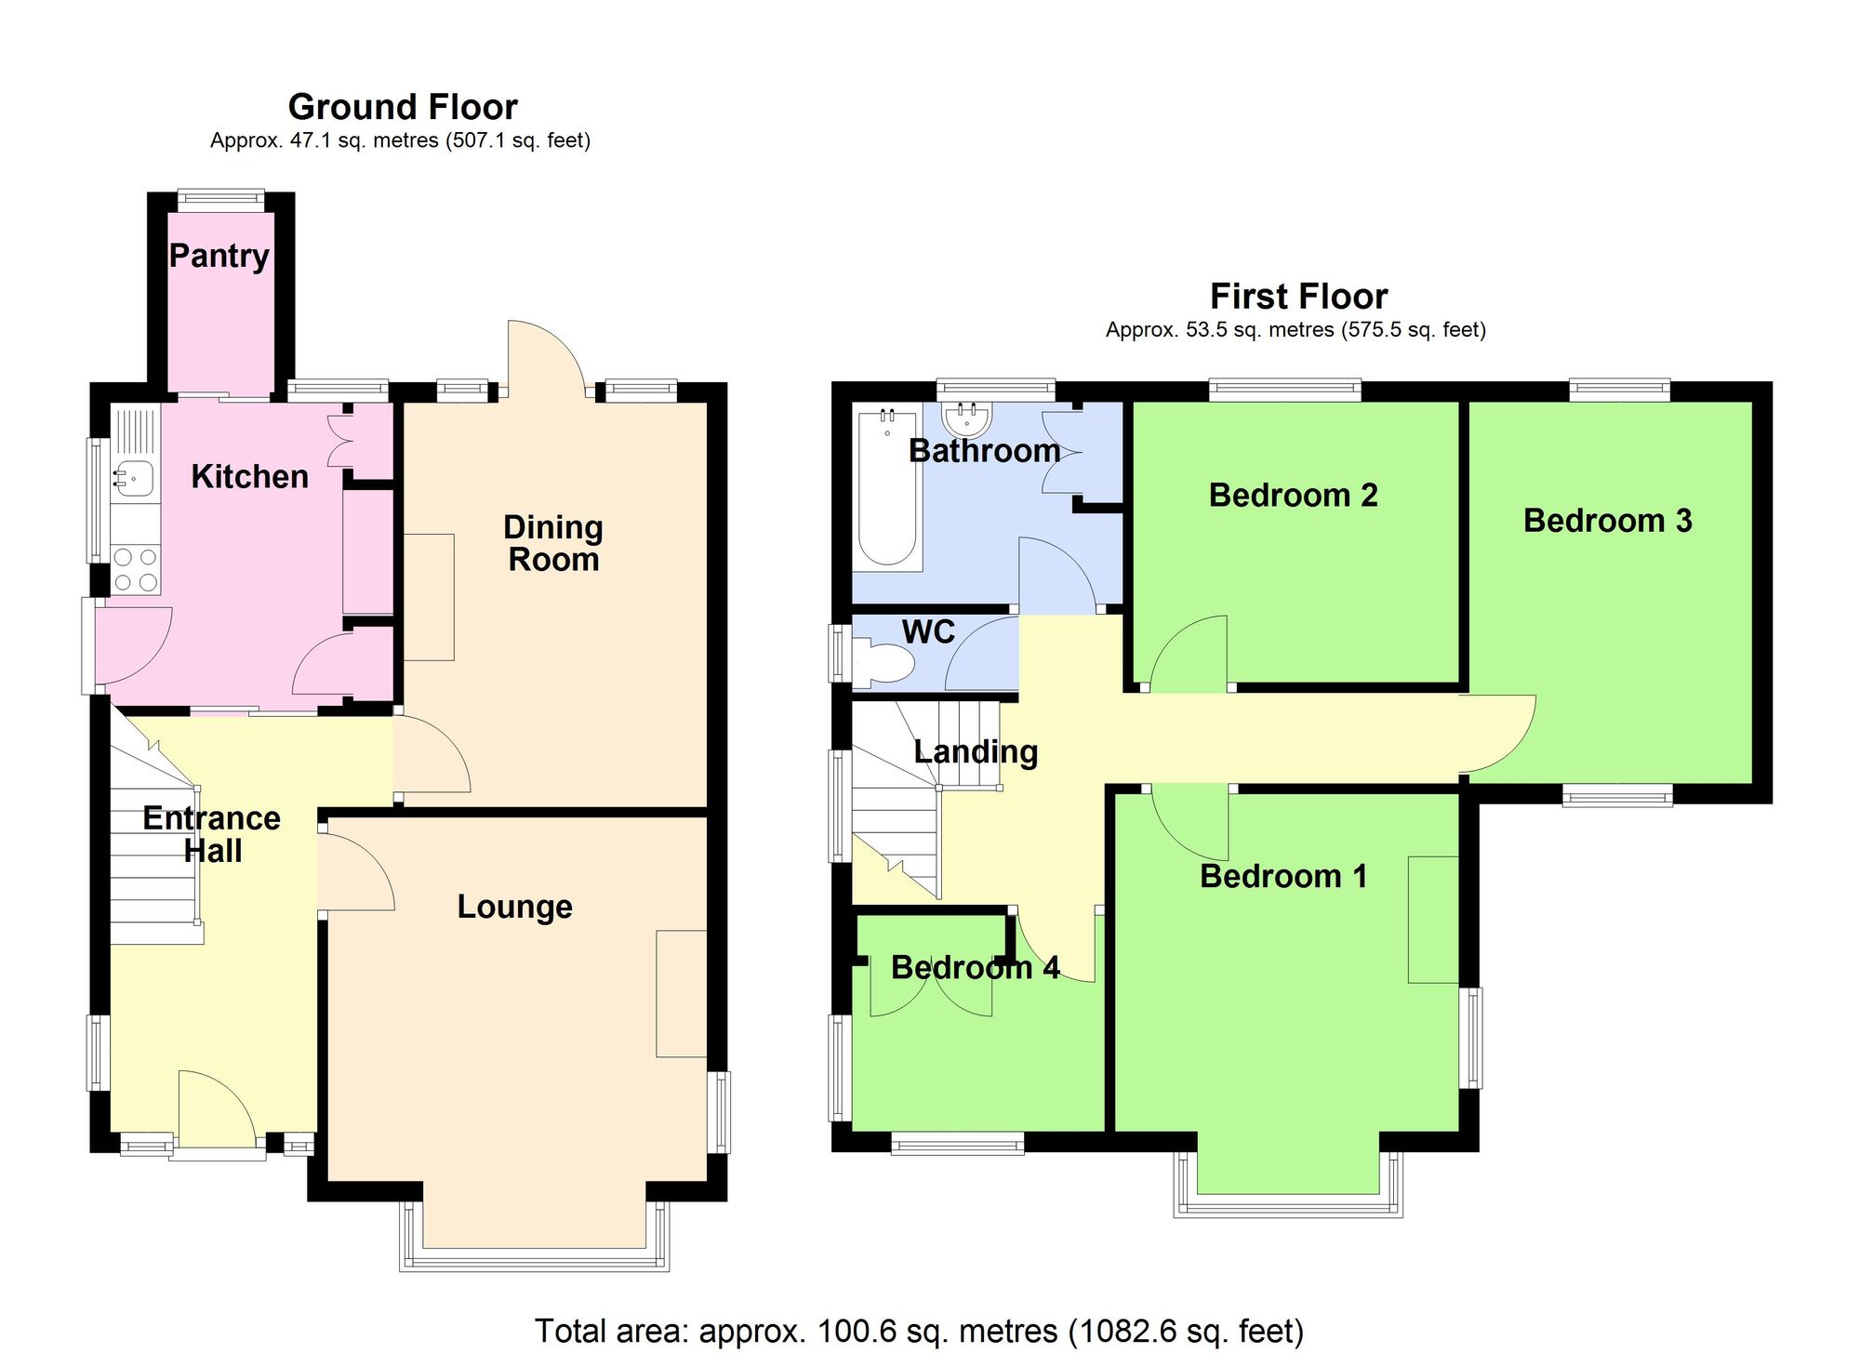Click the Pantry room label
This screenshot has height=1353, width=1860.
tap(219, 256)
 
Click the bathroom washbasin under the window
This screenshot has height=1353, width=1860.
tap(967, 419)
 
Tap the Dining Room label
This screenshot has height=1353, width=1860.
tap(553, 543)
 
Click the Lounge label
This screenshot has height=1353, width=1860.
tap(514, 907)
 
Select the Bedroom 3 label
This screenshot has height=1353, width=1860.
tap(1607, 521)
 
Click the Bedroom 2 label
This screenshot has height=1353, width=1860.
tap(1293, 496)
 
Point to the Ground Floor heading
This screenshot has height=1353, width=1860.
tap(403, 107)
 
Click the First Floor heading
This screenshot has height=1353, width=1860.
tap(1298, 297)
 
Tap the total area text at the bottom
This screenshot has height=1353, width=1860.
tap(919, 1331)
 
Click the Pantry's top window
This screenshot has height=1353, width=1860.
tap(220, 197)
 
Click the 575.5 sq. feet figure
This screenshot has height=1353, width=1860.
tap(1413, 330)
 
